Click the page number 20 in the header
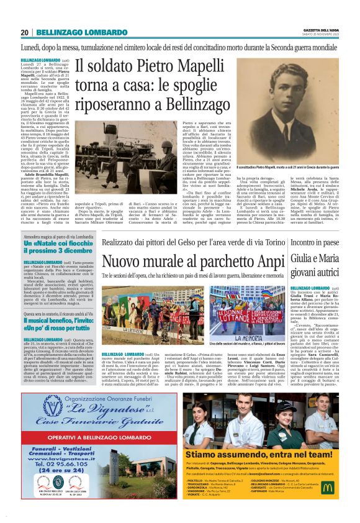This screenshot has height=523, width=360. click(24, 32)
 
